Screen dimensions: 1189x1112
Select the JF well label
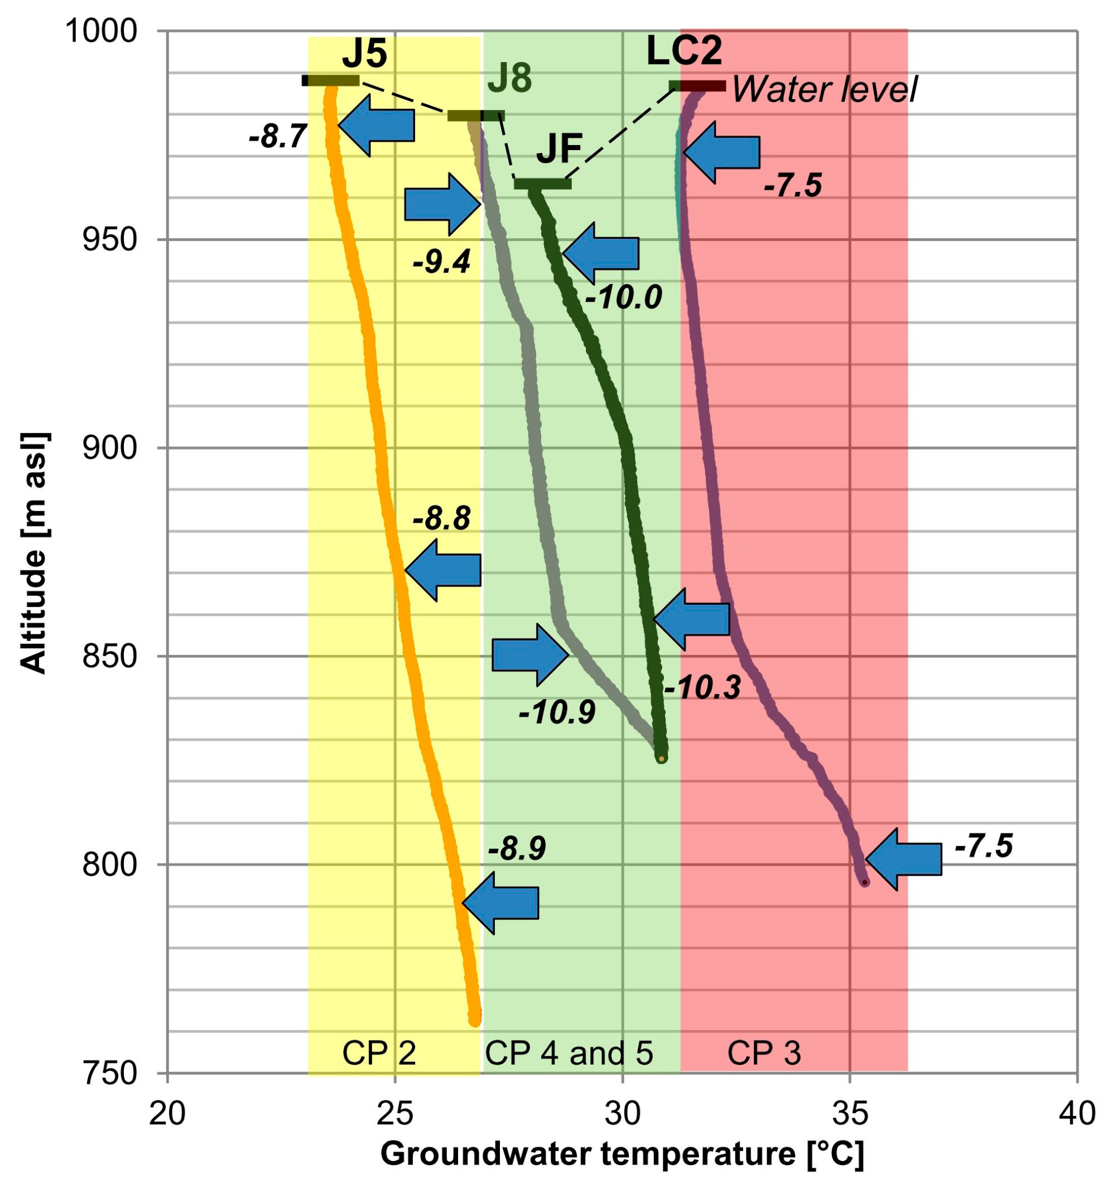point(559,150)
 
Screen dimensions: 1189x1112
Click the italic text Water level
point(824,90)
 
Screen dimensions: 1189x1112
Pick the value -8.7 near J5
point(277,136)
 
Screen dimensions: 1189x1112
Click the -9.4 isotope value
point(441,261)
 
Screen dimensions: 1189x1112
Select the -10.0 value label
point(624,297)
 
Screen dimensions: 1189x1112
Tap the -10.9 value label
point(557,712)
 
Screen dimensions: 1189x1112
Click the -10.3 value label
point(702,688)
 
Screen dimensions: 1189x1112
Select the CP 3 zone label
point(763,1053)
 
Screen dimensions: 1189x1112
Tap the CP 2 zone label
point(379,1053)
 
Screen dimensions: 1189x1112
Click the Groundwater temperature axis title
point(622,1154)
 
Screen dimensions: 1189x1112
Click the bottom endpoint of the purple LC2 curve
point(864,882)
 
